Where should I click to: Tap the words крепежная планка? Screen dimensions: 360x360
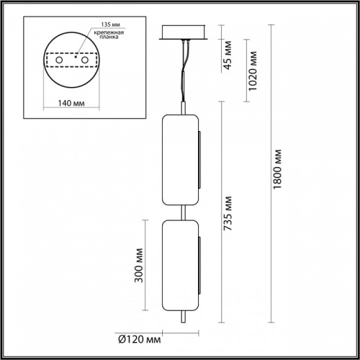(x=104, y=38)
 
